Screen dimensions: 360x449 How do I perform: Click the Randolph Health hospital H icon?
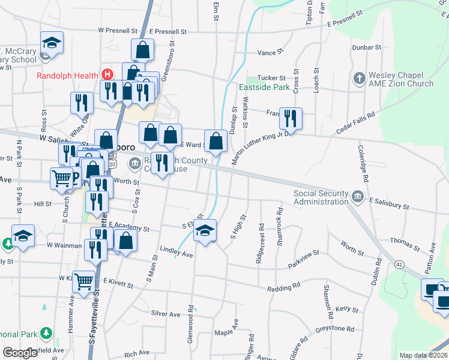tap(107, 75)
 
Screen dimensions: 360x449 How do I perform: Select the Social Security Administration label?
tap(321, 197)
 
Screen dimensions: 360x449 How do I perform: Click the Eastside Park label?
tap(264, 87)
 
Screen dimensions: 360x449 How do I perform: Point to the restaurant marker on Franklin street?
tap(291, 118)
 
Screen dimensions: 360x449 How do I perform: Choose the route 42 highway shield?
tap(398, 264)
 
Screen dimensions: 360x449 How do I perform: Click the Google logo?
tap(20, 353)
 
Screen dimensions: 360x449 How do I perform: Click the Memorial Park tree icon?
tap(46, 333)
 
